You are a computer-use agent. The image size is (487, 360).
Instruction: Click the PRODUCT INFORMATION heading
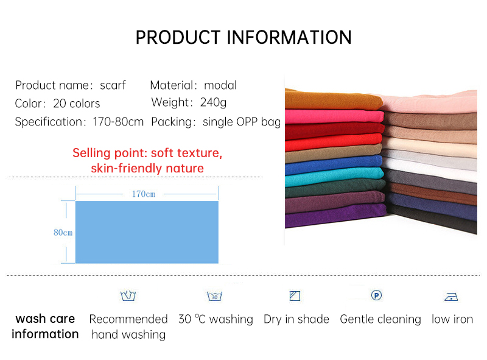click(243, 37)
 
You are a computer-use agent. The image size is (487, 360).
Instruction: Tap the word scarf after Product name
click(113, 85)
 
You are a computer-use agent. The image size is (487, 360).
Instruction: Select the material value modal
click(220, 85)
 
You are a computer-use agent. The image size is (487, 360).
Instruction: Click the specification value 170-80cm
click(118, 122)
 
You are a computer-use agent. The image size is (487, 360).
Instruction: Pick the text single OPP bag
click(242, 122)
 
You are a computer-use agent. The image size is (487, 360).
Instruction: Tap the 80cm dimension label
click(63, 233)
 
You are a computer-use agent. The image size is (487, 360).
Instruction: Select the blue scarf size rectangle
click(146, 233)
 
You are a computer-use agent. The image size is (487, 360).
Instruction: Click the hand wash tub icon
click(128, 296)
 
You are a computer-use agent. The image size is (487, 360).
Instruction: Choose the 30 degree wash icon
click(214, 297)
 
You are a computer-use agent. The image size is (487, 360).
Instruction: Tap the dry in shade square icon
click(295, 296)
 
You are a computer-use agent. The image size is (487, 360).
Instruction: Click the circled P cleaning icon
click(376, 295)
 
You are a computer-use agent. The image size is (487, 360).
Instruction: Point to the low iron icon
click(451, 297)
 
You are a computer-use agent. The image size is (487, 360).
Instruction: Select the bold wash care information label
click(45, 326)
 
